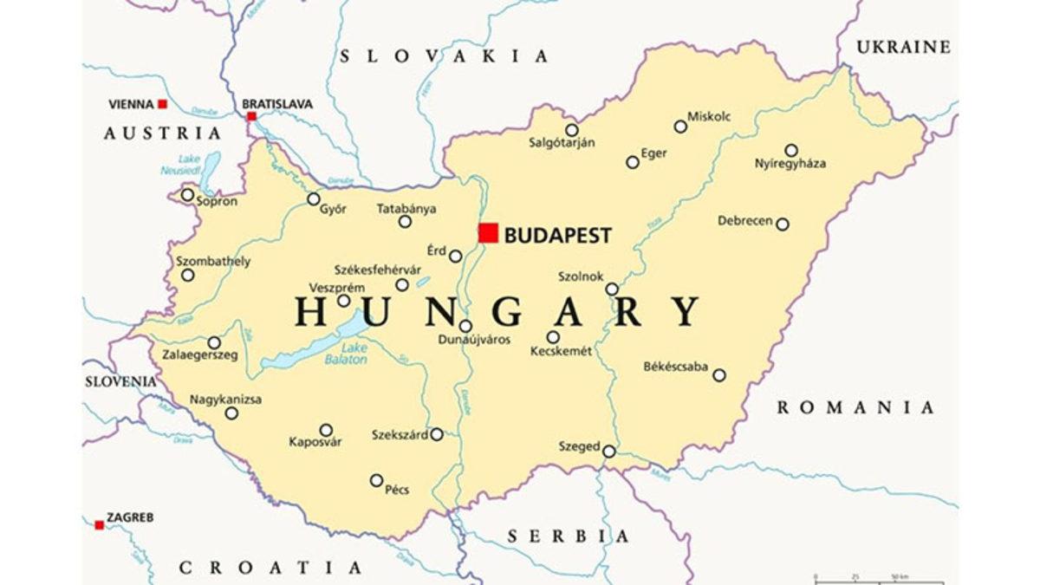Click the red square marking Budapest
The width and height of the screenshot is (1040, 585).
[489, 233]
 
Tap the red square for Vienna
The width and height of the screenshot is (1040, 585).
[162, 104]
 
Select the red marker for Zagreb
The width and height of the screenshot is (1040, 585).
[99, 524]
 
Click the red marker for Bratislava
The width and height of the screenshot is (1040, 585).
[251, 116]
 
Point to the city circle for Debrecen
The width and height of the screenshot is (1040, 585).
[782, 224]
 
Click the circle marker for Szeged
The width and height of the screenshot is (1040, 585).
[609, 452]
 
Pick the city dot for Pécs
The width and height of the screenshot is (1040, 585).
[376, 480]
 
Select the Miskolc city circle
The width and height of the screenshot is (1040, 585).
[680, 127]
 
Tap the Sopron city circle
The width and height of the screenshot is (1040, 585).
[187, 195]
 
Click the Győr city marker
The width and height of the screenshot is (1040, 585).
[314, 199]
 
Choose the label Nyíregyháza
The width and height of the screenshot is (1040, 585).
[790, 164]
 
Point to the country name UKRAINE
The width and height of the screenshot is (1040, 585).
[903, 48]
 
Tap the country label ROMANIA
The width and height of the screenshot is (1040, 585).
[855, 407]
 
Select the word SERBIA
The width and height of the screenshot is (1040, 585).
[569, 536]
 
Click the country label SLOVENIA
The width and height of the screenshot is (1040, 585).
[120, 381]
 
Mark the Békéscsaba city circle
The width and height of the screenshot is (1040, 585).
[718, 375]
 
